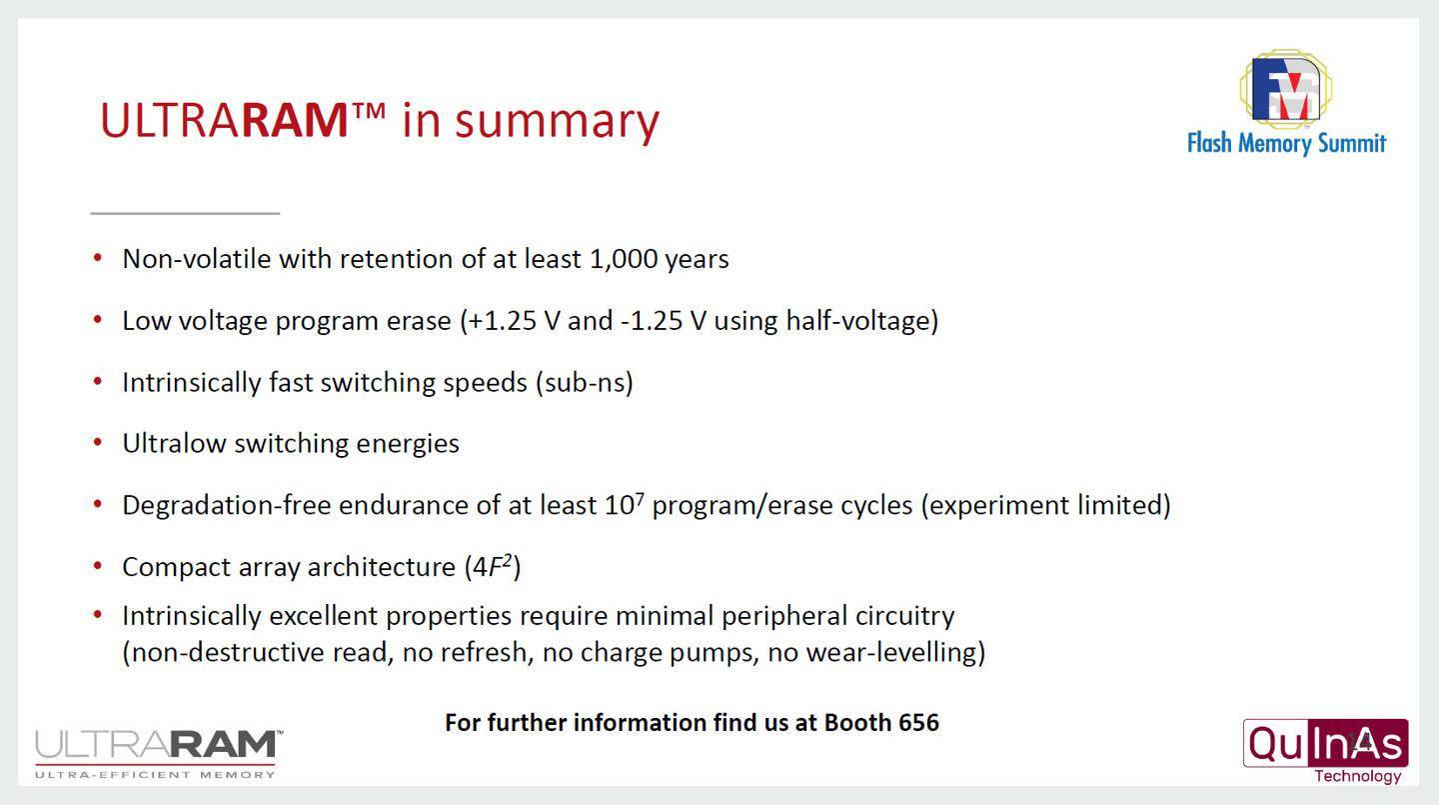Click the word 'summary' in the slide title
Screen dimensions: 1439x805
pyautogui.click(x=557, y=121)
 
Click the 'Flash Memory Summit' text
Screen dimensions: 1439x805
pyautogui.click(x=1286, y=143)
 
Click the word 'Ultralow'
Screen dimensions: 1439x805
pyautogui.click(x=174, y=443)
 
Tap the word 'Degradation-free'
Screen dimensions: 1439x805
pyautogui.click(x=226, y=505)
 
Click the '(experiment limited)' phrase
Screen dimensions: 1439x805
pyautogui.click(x=1046, y=505)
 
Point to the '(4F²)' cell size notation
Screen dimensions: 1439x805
pyautogui.click(x=492, y=566)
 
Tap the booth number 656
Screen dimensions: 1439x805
pyautogui.click(x=918, y=723)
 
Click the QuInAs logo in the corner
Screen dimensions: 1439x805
pyautogui.click(x=1326, y=743)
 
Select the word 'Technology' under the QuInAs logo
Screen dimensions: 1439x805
pyautogui.click(x=1357, y=776)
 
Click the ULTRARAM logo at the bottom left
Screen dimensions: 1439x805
pyautogui.click(x=159, y=746)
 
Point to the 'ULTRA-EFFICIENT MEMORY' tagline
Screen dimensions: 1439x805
pyautogui.click(x=155, y=775)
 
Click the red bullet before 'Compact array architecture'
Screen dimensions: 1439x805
pyautogui.click(x=98, y=566)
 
